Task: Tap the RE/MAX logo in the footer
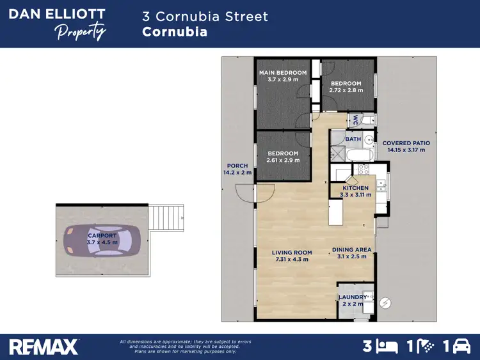pyautogui.click(x=44, y=347)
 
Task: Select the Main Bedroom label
pyautogui.click(x=282, y=73)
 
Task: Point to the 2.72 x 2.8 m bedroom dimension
pyautogui.click(x=346, y=90)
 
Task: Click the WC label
pyautogui.click(x=356, y=120)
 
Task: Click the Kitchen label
pyautogui.click(x=355, y=188)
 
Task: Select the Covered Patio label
pyautogui.click(x=406, y=143)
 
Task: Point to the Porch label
pyautogui.click(x=237, y=166)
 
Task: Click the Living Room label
pyautogui.click(x=291, y=253)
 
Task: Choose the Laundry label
pyautogui.click(x=353, y=297)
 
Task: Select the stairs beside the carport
pyautogui.click(x=167, y=217)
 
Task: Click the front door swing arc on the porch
pyautogui.click(x=245, y=191)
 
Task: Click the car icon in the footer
pyautogui.click(x=461, y=347)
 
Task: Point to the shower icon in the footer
pyautogui.click(x=425, y=347)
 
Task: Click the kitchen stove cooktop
pyautogui.click(x=363, y=170)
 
